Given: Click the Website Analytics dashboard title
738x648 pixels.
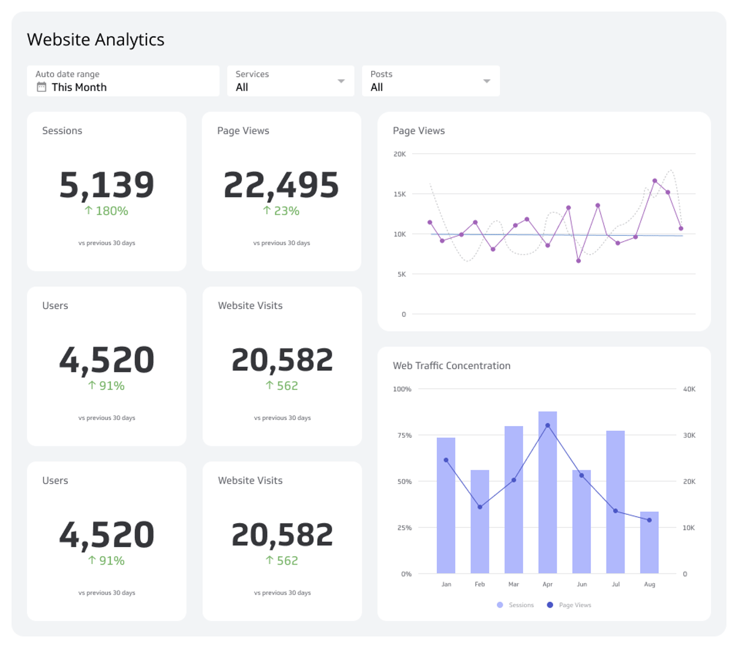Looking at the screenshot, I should tap(95, 40).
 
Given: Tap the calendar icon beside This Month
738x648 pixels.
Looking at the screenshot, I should tap(41, 87).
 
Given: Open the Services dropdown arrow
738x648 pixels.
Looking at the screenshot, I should tap(341, 81).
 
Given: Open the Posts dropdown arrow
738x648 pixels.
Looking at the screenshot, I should tap(487, 81).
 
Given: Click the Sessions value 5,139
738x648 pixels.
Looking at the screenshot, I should tap(107, 185).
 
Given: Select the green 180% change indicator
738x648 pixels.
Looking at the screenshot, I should tap(106, 211).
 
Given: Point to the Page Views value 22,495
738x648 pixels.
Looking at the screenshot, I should tap(281, 185).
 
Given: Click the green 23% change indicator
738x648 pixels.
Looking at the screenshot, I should tap(281, 211).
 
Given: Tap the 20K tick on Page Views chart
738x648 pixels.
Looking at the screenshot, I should tap(400, 154).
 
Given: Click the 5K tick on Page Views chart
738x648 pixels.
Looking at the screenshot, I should tap(401, 274).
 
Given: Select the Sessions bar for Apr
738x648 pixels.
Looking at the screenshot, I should tap(547, 492).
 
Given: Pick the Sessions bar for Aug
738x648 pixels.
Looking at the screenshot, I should tap(649, 542).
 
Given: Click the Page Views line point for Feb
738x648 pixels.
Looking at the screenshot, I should tap(480, 507).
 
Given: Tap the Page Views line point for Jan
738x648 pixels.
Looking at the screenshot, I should tap(446, 460).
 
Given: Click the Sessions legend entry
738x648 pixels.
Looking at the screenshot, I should tap(515, 605).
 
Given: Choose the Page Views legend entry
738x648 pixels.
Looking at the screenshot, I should tap(569, 605).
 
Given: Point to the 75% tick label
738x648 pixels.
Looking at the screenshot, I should tap(404, 436).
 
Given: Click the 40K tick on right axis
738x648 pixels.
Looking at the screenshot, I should tap(689, 389).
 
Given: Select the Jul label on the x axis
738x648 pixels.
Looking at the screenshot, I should tap(616, 584).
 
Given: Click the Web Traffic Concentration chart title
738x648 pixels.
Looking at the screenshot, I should tap(451, 365).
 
